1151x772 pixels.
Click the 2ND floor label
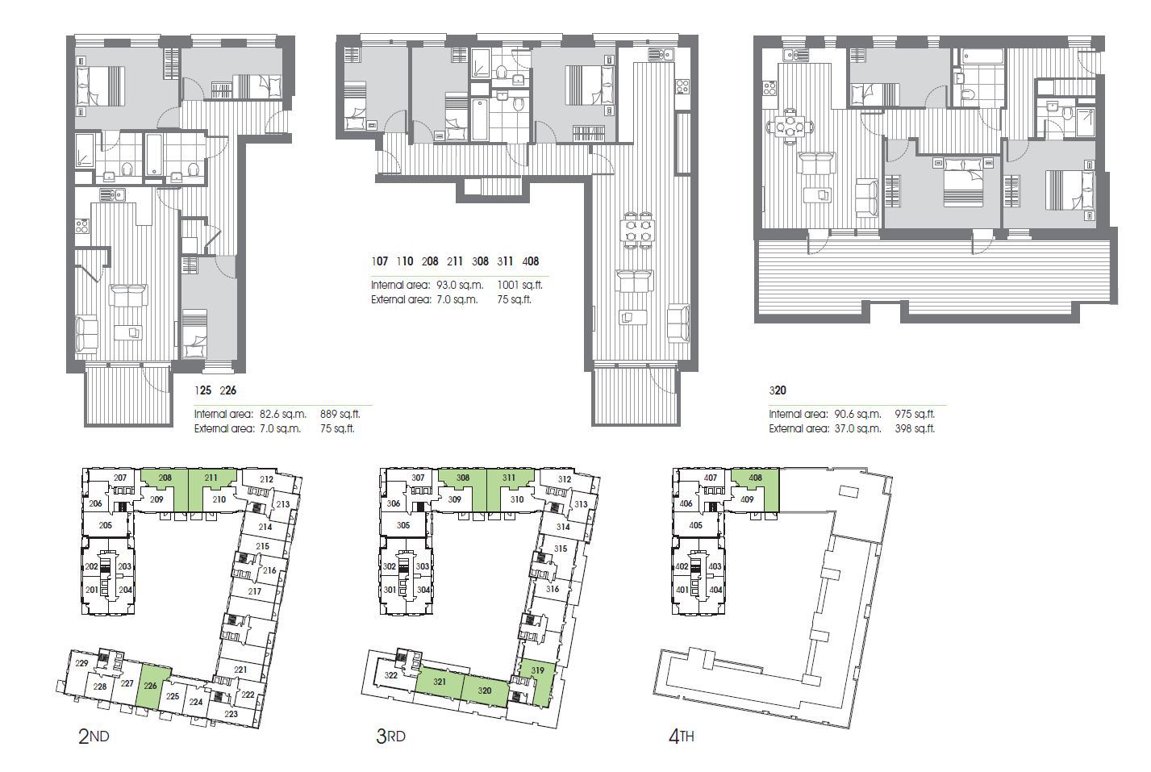[94, 736]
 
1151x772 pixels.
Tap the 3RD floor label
[390, 736]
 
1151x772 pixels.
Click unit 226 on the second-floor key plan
[151, 686]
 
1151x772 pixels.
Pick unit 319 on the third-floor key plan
[538, 669]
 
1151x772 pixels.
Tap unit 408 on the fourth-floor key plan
[755, 478]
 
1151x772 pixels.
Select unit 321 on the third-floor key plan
[440, 682]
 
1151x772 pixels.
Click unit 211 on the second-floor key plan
[211, 478]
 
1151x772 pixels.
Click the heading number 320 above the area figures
[778, 390]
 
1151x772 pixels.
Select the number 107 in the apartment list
[380, 261]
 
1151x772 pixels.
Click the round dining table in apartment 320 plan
[790, 127]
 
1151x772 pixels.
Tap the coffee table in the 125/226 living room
[131, 331]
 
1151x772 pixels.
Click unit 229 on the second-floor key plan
[81, 663]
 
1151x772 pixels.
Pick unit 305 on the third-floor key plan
[403, 525]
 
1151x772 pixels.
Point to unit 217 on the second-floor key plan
[255, 591]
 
